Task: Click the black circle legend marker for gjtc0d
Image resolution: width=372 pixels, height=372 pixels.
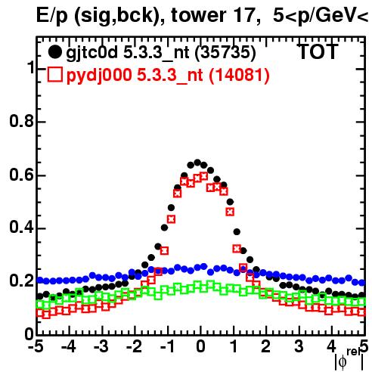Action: [x=54, y=52]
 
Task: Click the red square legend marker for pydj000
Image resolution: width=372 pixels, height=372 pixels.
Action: [x=54, y=74]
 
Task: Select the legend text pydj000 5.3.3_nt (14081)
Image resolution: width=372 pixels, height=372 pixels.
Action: [x=168, y=76]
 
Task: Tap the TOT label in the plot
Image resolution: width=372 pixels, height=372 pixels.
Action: [x=318, y=51]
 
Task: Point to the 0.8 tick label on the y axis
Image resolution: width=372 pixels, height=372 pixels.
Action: [x=21, y=121]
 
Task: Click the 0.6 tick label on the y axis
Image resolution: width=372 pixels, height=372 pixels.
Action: [x=21, y=175]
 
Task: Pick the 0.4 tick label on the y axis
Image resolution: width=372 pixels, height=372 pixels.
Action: [x=21, y=228]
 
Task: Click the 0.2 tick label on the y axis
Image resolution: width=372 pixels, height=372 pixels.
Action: [x=21, y=281]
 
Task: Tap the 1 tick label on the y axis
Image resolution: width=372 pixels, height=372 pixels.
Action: [x=31, y=67]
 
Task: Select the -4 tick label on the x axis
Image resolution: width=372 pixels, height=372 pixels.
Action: [x=68, y=346]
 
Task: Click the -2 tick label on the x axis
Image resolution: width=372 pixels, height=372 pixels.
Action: [x=134, y=346]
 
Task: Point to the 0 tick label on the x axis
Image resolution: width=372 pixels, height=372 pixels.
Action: [x=200, y=346]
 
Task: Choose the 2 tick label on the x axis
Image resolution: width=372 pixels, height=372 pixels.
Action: [x=266, y=346]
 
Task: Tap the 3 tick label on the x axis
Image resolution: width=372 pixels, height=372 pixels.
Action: [x=299, y=346]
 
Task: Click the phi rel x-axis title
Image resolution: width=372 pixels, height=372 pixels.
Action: [x=349, y=359]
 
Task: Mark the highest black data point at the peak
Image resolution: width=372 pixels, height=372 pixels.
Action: [x=197, y=162]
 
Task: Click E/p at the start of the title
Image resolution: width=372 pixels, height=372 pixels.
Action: [x=52, y=16]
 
